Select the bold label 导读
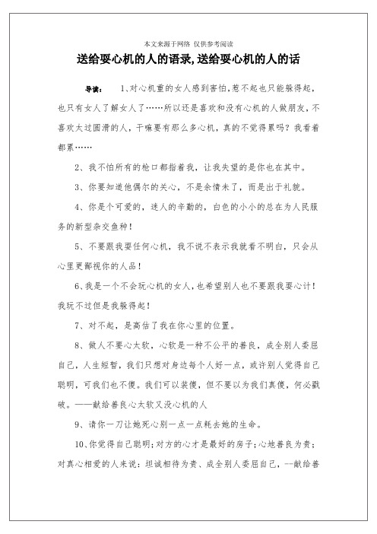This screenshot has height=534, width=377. coord(94,88)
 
